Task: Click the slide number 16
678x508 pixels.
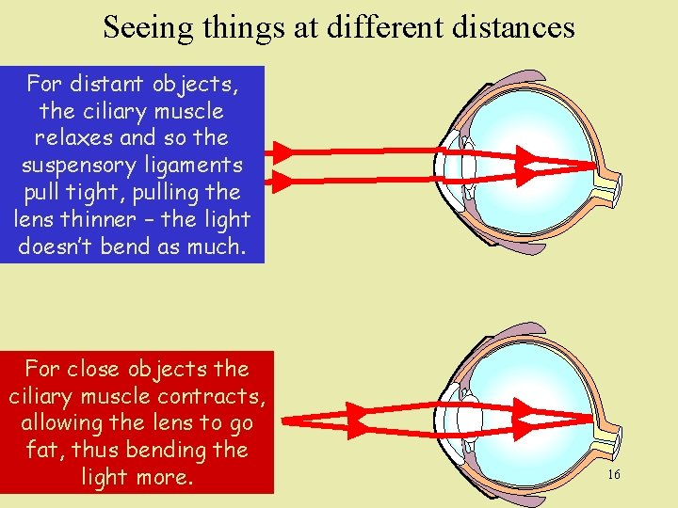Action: point(613,475)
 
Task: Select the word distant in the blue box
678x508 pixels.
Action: point(105,85)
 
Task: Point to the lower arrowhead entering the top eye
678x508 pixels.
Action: point(282,179)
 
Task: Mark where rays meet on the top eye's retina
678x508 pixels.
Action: point(595,166)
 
